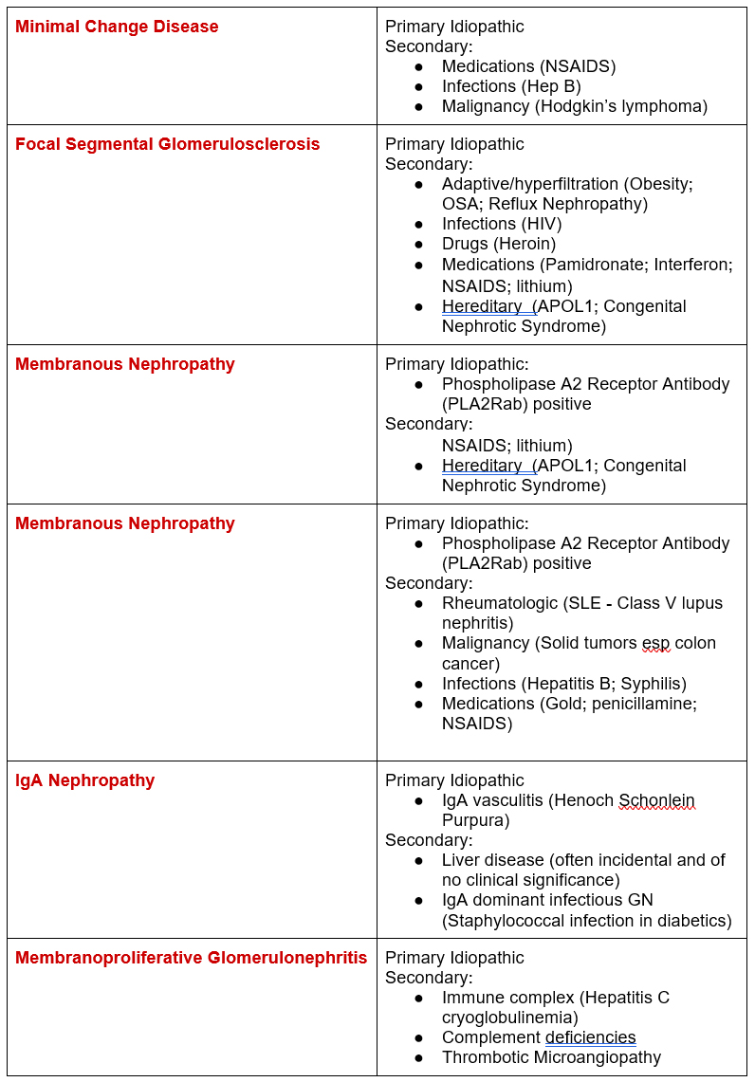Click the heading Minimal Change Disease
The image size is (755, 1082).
pyautogui.click(x=117, y=27)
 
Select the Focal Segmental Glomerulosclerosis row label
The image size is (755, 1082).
pyautogui.click(x=167, y=144)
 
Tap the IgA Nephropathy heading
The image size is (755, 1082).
pyautogui.click(x=84, y=780)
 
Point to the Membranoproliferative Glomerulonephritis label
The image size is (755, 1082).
pyautogui.click(x=191, y=958)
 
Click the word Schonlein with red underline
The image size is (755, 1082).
pyautogui.click(x=656, y=800)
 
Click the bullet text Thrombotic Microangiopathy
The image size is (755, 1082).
pyautogui.click(x=551, y=1057)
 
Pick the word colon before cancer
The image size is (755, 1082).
pyautogui.click(x=695, y=643)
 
